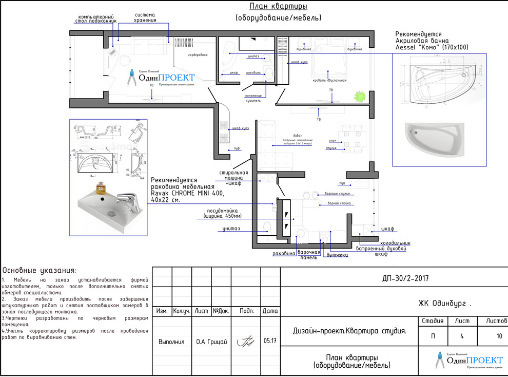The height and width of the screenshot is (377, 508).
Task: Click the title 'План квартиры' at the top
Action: [x=278, y=7]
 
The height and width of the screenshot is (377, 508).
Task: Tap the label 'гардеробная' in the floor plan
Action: [x=197, y=54]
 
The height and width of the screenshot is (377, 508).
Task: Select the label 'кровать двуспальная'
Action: [x=329, y=80]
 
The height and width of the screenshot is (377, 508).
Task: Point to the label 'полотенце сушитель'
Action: [x=253, y=98]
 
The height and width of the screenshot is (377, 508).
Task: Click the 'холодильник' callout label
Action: [x=395, y=242]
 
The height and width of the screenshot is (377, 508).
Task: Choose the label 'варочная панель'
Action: [x=309, y=255]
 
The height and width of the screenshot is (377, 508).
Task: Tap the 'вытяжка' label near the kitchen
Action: [x=338, y=255]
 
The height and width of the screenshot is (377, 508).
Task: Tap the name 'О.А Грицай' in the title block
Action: [x=211, y=342]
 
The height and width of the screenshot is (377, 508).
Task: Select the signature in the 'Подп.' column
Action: [x=246, y=342]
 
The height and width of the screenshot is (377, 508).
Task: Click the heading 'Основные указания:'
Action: [x=40, y=270]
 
